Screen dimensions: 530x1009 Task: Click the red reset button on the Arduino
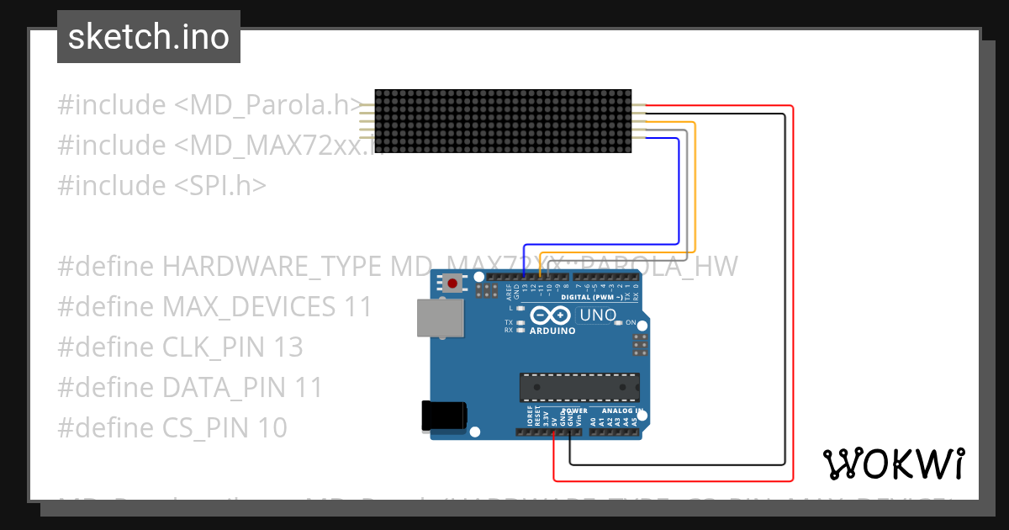tap(453, 284)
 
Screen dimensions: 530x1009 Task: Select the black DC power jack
tap(444, 416)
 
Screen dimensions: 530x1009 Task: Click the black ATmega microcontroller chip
tap(578, 387)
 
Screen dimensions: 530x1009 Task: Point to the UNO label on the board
tap(598, 315)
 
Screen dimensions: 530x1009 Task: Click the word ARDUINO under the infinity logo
tap(552, 331)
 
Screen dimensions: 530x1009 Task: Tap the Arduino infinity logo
tap(552, 316)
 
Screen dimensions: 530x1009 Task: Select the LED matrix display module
tap(502, 123)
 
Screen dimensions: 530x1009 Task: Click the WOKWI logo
tap(894, 464)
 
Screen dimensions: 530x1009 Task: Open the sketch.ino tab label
tap(149, 37)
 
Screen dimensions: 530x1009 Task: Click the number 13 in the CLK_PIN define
tap(286, 347)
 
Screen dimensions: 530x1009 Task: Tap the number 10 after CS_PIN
tap(271, 428)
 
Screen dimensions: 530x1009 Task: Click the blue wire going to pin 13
tap(678, 193)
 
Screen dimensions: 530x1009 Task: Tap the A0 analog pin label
tap(593, 420)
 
